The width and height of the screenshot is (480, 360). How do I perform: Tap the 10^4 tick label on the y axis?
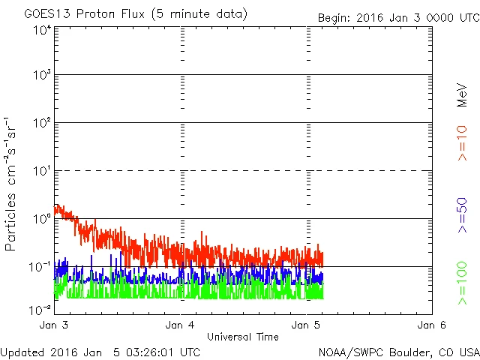(x=41, y=31)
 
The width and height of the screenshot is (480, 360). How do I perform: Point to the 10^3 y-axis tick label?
(x=41, y=76)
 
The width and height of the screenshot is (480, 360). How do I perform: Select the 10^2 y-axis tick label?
(x=41, y=124)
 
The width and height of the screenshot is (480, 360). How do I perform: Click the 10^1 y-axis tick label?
(x=41, y=172)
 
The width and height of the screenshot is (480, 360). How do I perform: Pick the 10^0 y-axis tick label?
(x=41, y=219)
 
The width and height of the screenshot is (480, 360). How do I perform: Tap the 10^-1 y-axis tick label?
(x=40, y=267)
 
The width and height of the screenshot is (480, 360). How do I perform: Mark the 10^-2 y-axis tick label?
(x=40, y=309)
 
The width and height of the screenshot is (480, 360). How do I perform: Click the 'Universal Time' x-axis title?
(x=243, y=337)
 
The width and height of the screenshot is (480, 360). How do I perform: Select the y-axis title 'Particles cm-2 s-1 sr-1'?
(x=13, y=184)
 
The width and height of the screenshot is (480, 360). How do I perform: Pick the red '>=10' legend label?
(x=462, y=144)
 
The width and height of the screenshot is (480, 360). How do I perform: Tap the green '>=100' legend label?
(x=462, y=283)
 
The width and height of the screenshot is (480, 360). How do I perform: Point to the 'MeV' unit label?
(x=462, y=94)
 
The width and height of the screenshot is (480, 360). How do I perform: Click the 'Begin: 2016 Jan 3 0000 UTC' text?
(x=397, y=16)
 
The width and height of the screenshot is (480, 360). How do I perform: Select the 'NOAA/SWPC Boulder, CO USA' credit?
(x=398, y=352)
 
